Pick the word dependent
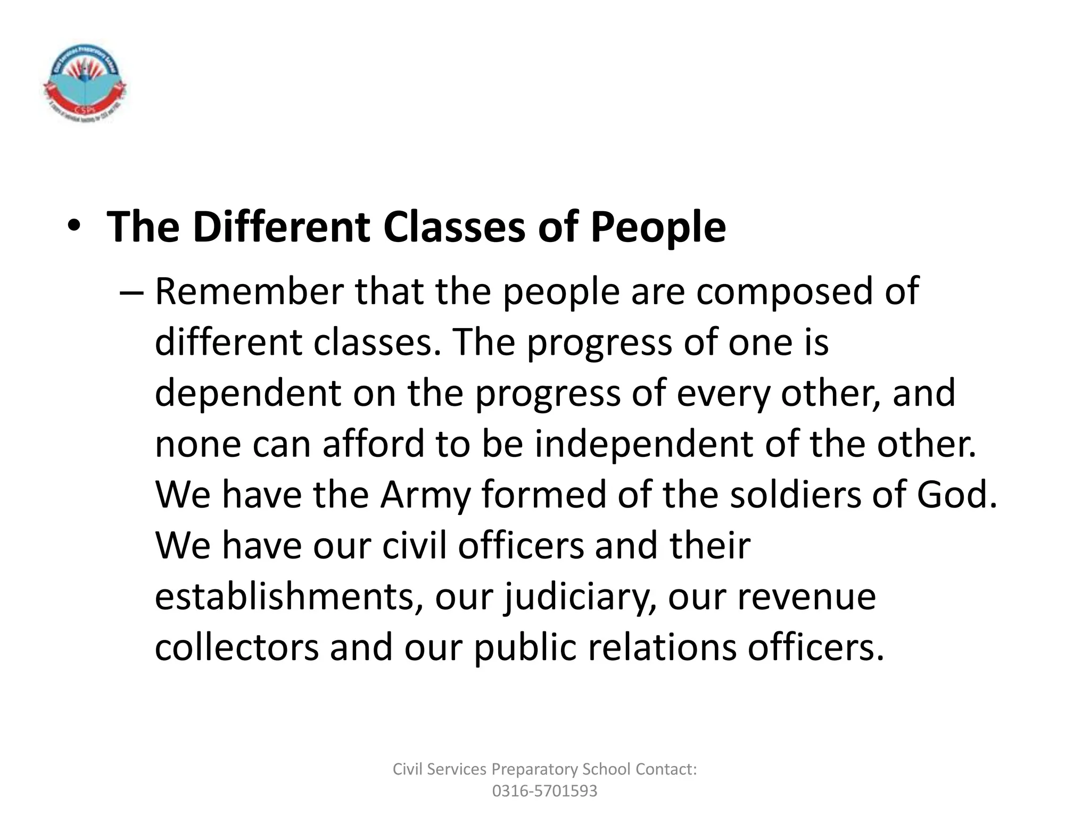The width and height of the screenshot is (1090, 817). pyautogui.click(x=248, y=393)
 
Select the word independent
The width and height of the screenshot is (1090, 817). pyautogui.click(x=643, y=444)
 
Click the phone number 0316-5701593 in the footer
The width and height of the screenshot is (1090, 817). pyautogui.click(x=544, y=791)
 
